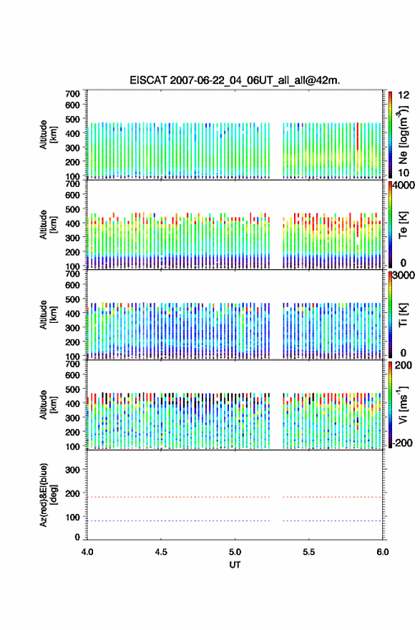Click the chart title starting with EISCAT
click(x=235, y=80)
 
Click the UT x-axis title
click(x=235, y=565)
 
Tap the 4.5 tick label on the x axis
click(x=161, y=552)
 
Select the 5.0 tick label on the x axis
click(x=235, y=552)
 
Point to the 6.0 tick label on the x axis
click(x=383, y=552)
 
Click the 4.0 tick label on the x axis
click(x=87, y=552)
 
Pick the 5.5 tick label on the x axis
click(x=309, y=552)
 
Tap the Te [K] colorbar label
click(x=403, y=225)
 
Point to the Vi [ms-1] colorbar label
click(x=403, y=404)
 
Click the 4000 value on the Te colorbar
click(x=404, y=186)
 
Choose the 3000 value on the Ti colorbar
click(x=404, y=276)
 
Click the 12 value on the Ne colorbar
click(x=404, y=96)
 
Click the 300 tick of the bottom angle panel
click(x=73, y=470)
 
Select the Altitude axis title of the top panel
click(x=48, y=135)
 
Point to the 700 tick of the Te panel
click(x=73, y=184)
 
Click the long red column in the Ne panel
click(x=357, y=137)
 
